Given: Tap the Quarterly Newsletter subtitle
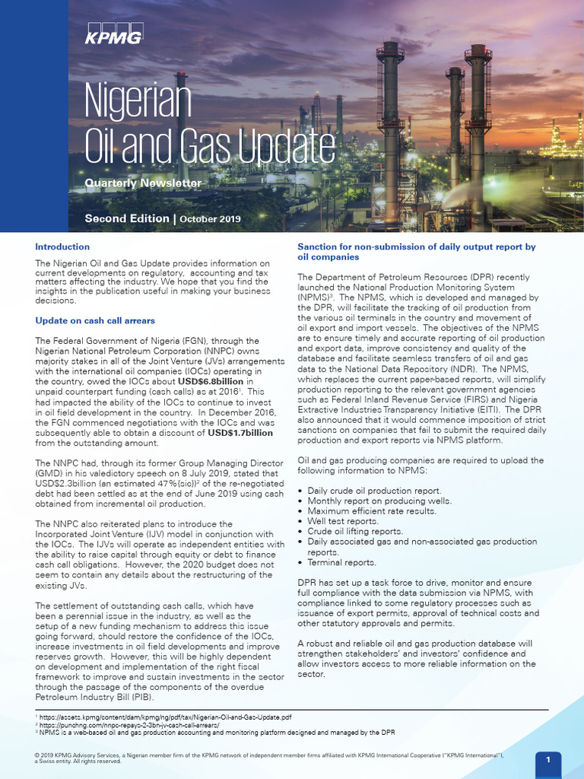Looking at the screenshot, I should point(143,183).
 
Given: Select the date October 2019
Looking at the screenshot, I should point(210,219).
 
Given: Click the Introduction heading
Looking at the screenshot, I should point(62,246).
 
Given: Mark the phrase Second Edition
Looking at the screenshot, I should point(127,218).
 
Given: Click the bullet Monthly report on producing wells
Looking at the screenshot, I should point(379,501).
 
